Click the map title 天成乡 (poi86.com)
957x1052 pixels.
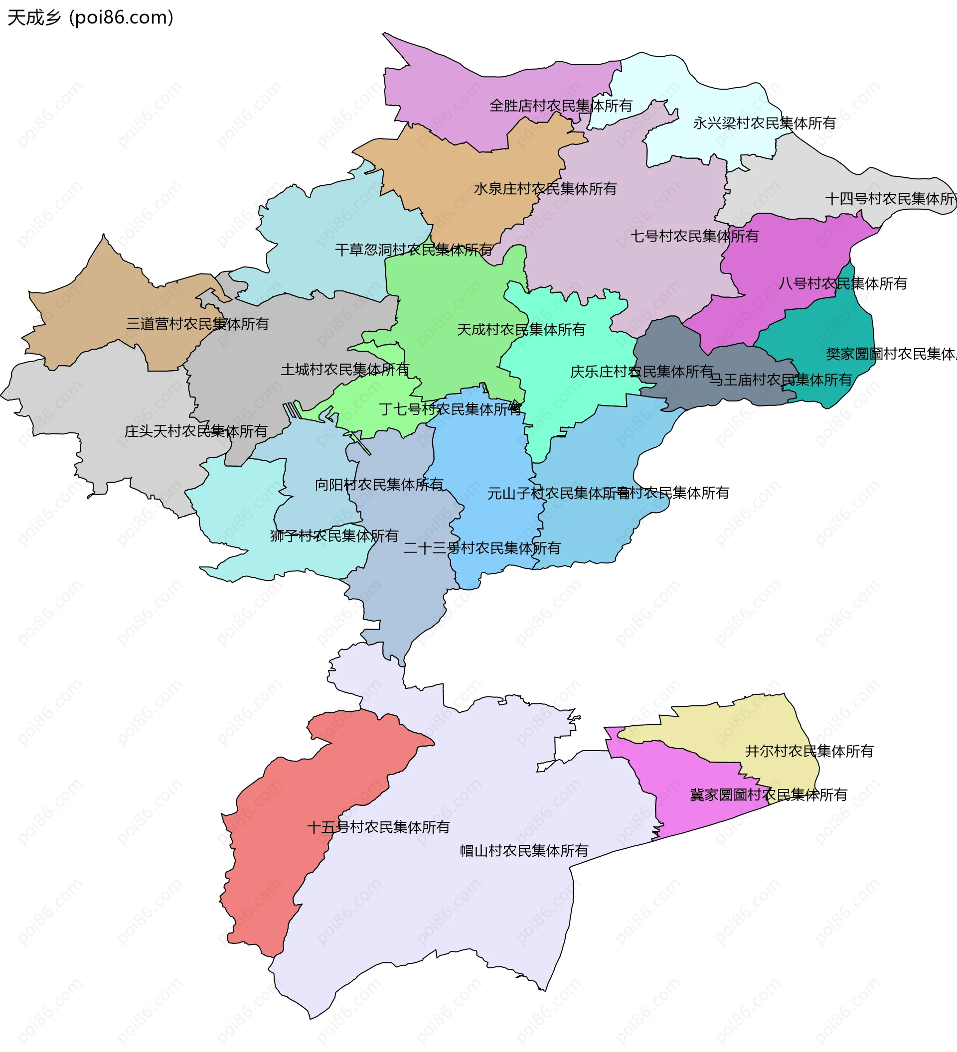coord(90,18)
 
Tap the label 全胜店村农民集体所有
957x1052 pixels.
coord(561,106)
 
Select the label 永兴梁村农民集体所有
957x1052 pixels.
coord(764,123)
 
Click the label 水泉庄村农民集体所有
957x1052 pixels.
coord(545,188)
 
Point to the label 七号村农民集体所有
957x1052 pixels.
coord(694,236)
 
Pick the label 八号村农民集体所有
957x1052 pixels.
coord(843,283)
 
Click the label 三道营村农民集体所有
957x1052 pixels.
coord(197,324)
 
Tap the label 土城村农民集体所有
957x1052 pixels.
coord(345,370)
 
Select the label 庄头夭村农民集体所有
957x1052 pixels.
coord(196,431)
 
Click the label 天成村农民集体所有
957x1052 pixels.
coord(521,329)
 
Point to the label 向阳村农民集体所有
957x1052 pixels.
coord(379,484)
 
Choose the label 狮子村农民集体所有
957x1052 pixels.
coord(334,535)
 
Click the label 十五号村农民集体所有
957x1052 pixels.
coord(378,827)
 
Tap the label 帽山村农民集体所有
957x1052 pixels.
coord(524,851)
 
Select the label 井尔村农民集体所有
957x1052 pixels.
coord(809,751)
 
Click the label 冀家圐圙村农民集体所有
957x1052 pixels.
coord(769,795)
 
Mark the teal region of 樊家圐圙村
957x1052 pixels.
coord(835,329)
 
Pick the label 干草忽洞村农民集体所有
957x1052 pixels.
coord(414,250)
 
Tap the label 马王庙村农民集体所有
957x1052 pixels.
coord(780,380)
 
